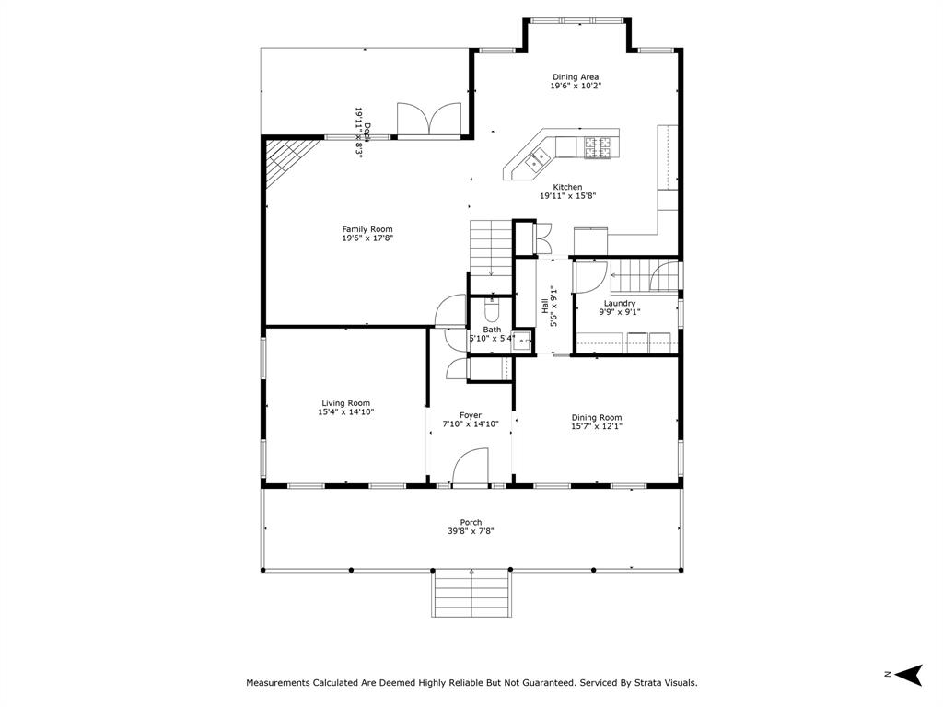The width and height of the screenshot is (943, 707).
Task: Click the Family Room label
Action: [x=367, y=229]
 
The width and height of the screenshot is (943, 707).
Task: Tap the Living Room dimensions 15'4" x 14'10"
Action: [x=346, y=412]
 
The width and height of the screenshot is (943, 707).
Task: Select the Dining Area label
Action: [x=576, y=77]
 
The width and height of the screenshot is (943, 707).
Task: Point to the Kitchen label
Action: [x=567, y=187]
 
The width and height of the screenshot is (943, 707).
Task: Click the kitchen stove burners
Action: [x=598, y=148]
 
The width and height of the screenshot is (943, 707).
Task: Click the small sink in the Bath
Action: [x=522, y=341]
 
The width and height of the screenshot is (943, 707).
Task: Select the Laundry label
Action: [x=620, y=303]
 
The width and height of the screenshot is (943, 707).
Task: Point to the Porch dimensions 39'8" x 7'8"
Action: [x=471, y=531]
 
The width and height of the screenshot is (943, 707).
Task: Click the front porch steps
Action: [x=471, y=594]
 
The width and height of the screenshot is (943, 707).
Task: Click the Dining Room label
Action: [x=597, y=417]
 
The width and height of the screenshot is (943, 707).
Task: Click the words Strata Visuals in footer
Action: [x=668, y=683]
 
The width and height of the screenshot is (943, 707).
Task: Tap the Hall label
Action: [x=545, y=306]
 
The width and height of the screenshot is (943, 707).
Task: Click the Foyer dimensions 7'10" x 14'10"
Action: [x=471, y=423]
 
